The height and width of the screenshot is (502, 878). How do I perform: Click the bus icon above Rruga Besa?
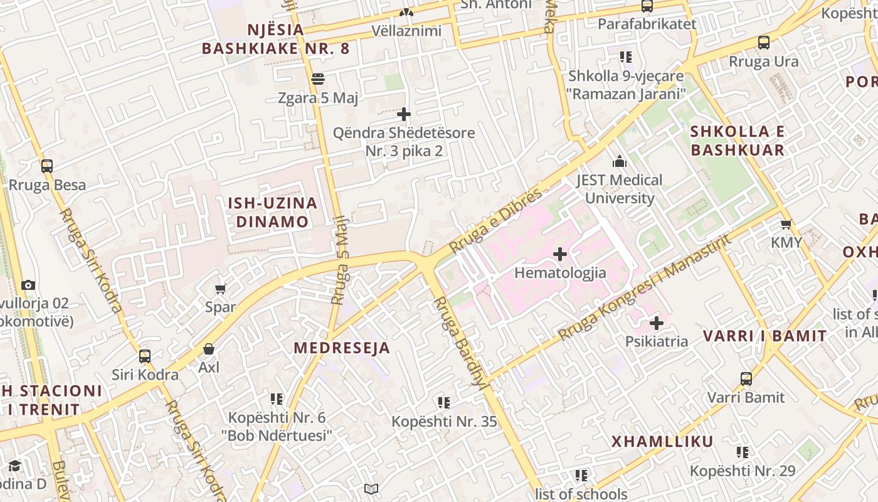[x=47, y=166]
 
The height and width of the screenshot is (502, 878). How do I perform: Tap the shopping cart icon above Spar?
[x=220, y=289]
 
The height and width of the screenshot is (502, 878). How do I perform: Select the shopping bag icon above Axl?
[x=209, y=348]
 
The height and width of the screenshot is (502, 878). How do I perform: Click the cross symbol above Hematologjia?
[x=560, y=254]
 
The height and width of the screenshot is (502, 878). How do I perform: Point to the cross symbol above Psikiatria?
[x=657, y=323]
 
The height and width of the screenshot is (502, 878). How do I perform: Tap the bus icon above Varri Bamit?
[x=746, y=379]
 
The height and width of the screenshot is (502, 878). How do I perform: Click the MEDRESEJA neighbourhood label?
[x=342, y=348]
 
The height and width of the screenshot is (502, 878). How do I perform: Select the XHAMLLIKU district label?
[x=662, y=442]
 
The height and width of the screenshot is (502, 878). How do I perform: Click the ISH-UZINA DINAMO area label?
[x=272, y=212]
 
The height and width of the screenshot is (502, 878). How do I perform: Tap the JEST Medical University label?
[x=619, y=189]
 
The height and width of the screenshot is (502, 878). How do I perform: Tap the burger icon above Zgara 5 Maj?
[x=318, y=79]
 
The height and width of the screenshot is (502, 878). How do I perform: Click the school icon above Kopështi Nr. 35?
[x=444, y=402]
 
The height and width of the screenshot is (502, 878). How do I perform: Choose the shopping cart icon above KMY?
[x=786, y=224]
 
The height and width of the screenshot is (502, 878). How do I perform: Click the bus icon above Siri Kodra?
[x=145, y=356]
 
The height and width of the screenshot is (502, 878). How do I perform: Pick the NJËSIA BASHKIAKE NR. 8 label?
[x=275, y=39]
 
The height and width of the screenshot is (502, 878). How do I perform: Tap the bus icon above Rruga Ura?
[x=763, y=43]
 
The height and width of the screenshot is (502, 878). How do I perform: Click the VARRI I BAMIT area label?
[x=764, y=336]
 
